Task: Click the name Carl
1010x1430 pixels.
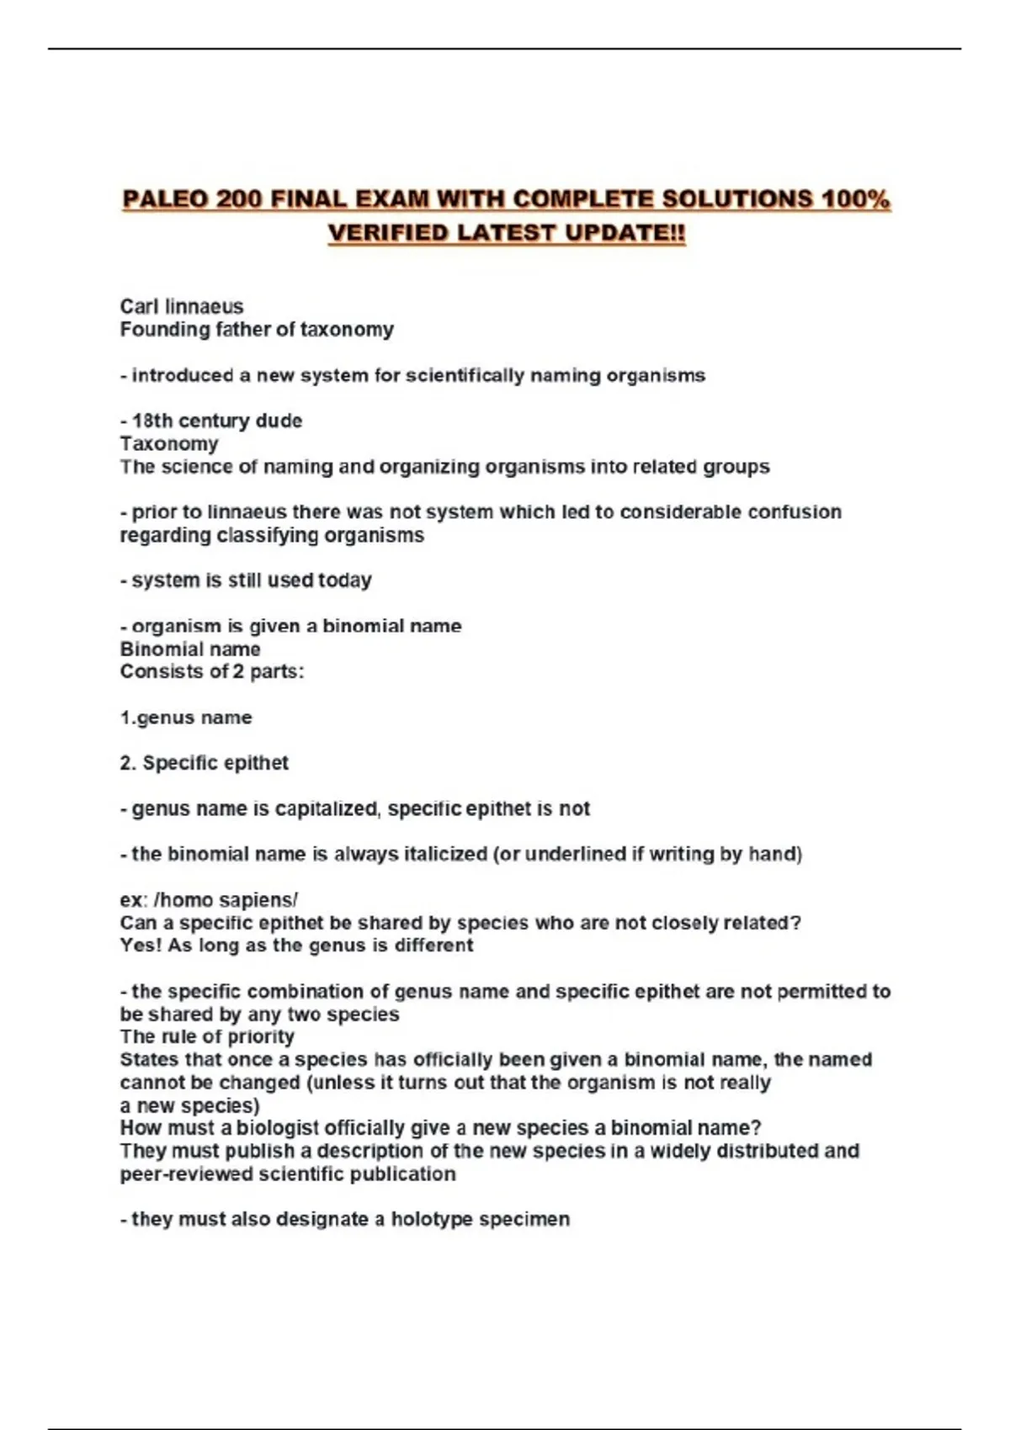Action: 140,306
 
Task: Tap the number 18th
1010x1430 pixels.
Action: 152,421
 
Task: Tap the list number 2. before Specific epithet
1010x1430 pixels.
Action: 128,763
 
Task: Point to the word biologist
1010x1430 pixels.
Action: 281,1128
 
